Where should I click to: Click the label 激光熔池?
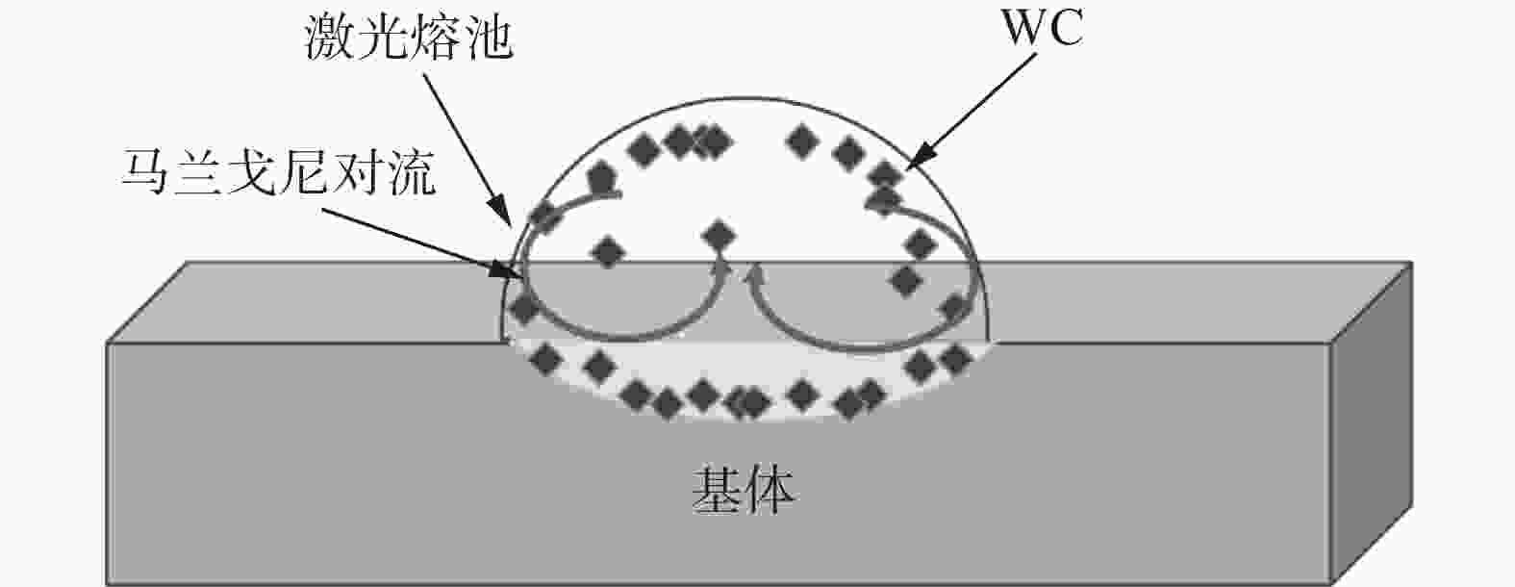pos(408,40)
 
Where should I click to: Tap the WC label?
pos(1043,29)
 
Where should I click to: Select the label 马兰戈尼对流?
pos(278,173)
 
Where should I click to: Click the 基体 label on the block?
pos(744,491)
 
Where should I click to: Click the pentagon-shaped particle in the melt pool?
pos(601,176)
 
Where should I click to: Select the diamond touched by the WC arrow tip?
pos(886,176)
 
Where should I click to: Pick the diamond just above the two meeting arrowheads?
pos(718,235)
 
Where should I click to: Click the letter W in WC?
pos(1025,29)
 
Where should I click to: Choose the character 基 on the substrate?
pos(718,491)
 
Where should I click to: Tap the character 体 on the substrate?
pos(770,491)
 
